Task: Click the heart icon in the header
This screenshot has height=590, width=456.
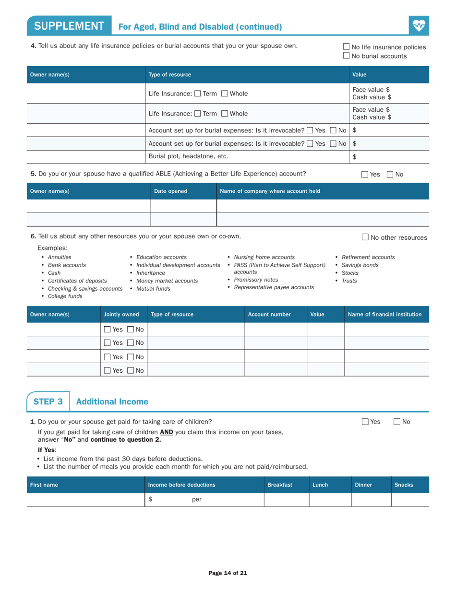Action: coord(419,25)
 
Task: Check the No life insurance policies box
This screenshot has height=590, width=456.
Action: coord(347,47)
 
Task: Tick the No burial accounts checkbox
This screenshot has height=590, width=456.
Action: coord(347,56)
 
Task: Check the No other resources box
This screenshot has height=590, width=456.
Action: coord(365,237)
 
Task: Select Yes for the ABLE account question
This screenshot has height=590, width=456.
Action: coord(365,175)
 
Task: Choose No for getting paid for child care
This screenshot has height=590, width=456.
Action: coord(397,422)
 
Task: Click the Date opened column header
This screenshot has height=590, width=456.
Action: coord(170,191)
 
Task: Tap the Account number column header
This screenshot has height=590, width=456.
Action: coord(269,315)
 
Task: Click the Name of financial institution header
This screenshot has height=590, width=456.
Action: coord(384,315)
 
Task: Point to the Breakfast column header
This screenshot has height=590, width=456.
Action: coord(280,485)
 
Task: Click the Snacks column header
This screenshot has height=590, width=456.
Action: coord(403,485)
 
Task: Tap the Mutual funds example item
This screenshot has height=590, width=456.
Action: coord(153,288)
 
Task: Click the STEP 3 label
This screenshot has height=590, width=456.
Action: coord(48,401)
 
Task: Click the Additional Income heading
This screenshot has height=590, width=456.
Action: coord(112,401)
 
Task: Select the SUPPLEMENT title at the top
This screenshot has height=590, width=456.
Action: coord(69,26)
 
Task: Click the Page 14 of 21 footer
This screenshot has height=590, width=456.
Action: coord(228,573)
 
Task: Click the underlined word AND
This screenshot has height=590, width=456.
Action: coord(167,432)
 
